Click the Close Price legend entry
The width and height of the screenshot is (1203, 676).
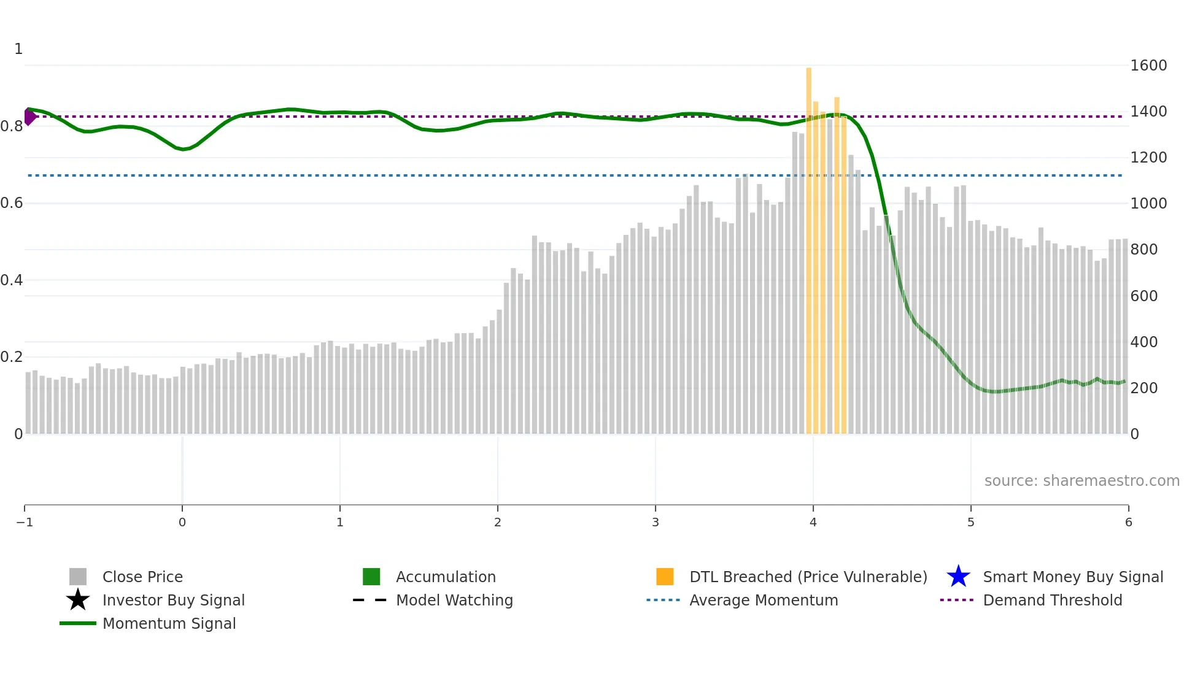(x=142, y=577)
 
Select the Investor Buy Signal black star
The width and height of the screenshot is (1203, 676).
(x=78, y=600)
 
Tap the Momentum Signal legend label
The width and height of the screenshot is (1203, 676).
(x=169, y=623)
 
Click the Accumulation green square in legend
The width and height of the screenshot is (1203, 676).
(x=371, y=577)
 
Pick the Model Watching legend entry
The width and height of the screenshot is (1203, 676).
(x=454, y=600)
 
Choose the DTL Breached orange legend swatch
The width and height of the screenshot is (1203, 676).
(x=665, y=577)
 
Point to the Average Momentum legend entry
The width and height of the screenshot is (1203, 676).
(x=763, y=600)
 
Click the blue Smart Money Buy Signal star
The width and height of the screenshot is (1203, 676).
(x=958, y=577)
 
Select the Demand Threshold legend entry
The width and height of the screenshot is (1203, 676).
(x=1052, y=600)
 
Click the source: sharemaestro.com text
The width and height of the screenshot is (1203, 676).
(x=1081, y=480)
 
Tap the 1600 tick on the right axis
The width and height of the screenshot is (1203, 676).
(x=1148, y=66)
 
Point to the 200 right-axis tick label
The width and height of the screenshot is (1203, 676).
(x=1144, y=388)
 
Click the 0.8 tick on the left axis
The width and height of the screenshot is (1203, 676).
(x=12, y=126)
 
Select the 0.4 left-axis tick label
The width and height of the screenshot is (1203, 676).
(x=12, y=280)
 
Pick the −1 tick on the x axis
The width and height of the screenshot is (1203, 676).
(x=25, y=522)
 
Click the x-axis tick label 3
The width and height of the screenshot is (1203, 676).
(x=656, y=522)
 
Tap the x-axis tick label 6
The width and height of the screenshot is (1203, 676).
(x=1128, y=522)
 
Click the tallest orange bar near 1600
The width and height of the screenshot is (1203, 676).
(x=809, y=245)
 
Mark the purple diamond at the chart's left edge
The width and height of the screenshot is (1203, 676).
(x=29, y=116)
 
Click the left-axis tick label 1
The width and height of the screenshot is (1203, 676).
(x=18, y=49)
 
